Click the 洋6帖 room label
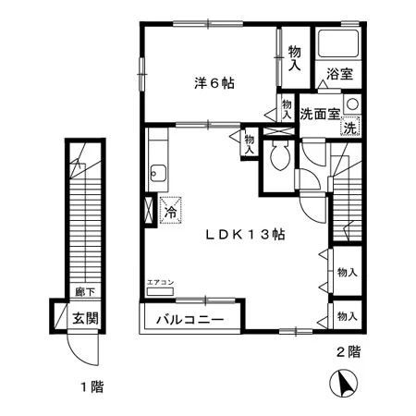click(214, 83)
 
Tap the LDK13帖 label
click(245, 235)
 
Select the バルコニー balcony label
click(190, 320)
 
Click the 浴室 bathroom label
click(339, 74)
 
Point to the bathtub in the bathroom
click(338, 43)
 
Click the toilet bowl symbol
click(280, 155)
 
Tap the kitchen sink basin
click(158, 174)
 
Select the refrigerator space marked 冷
click(170, 210)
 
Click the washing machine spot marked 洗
click(350, 127)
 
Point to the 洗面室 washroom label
click(320, 115)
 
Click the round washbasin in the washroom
click(352, 104)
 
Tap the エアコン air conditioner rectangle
click(160, 291)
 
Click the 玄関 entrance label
click(85, 318)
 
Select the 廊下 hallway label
click(85, 291)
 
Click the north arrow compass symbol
click(343, 384)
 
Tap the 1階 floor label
click(92, 386)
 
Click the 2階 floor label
click(349, 352)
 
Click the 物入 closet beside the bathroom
click(295, 57)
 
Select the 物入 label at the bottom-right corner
click(348, 316)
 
